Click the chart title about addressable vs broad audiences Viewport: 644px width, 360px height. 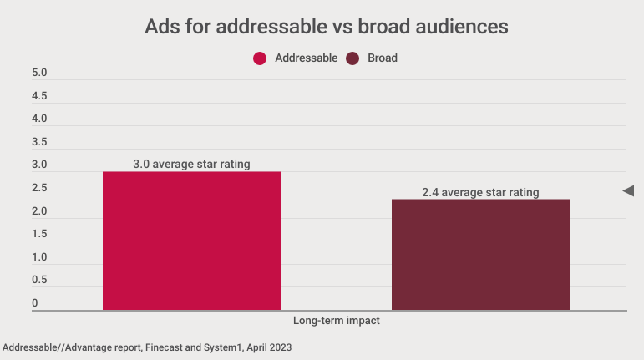tap(327, 26)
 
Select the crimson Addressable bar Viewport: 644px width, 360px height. tap(191, 241)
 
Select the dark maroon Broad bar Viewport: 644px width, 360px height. tap(480, 255)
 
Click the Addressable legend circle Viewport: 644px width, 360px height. tap(260, 58)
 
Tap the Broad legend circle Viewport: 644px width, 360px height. tap(352, 58)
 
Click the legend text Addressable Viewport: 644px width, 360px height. tap(306, 58)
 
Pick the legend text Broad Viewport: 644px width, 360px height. tap(383, 58)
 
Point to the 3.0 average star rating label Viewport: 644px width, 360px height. tap(191, 164)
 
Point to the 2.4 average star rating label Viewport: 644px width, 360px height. tap(480, 192)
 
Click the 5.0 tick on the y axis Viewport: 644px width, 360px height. tap(39, 74)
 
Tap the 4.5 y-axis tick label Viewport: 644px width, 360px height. tap(39, 96)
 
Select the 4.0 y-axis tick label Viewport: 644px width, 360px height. tap(39, 119)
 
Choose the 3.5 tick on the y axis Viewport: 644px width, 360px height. tap(39, 142)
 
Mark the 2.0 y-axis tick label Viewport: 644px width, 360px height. tap(39, 211)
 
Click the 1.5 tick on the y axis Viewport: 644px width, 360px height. tap(39, 234)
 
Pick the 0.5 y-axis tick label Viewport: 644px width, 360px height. tap(39, 280)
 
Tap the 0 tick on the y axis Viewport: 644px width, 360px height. tap(35, 302)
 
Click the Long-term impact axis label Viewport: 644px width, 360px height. tap(337, 321)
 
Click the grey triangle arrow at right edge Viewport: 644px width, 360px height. tap(628, 191)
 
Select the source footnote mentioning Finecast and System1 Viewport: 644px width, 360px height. tap(147, 346)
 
